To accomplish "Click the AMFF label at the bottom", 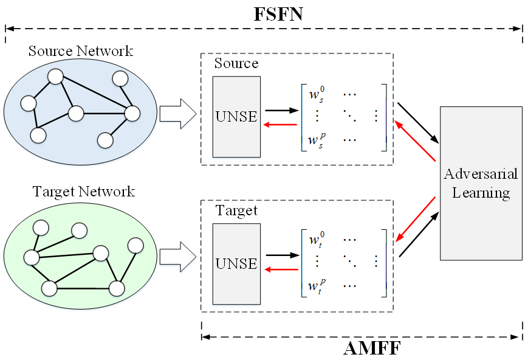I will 372,348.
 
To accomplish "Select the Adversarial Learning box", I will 481,183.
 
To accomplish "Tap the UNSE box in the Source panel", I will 236,117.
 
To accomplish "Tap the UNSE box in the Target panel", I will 236,264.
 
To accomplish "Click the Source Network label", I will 81,50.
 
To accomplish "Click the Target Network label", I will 83,192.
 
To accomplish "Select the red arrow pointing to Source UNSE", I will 279,124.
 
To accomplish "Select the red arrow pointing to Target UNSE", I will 279,270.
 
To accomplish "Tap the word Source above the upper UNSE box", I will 236,63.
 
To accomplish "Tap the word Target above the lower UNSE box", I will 236,211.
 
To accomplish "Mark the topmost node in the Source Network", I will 57,77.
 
